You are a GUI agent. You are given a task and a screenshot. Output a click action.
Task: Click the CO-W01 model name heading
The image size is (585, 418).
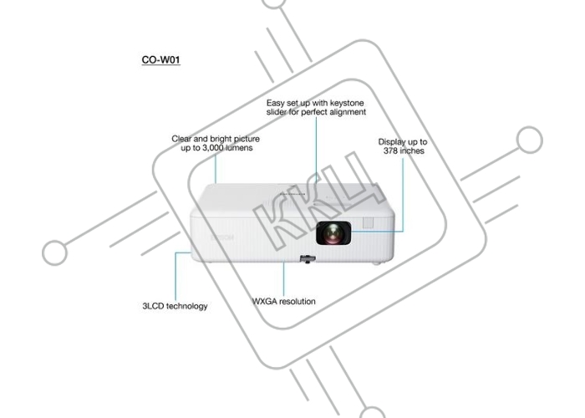(160, 59)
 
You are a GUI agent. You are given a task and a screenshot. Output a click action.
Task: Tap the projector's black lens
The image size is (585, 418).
(333, 233)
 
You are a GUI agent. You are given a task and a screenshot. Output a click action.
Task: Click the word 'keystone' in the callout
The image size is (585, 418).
(347, 104)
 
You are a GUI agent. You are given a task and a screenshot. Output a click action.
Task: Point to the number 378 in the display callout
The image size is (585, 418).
(391, 150)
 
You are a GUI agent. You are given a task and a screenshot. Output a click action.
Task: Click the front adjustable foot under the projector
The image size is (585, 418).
(308, 258)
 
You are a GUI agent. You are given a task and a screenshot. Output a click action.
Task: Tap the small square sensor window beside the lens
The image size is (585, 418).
(368, 223)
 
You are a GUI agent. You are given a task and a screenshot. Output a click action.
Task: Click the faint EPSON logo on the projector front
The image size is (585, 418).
(222, 237)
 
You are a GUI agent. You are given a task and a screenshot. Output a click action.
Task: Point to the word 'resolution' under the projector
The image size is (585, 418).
(298, 301)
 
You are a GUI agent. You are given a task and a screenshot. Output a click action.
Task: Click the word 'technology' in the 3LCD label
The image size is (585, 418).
(186, 307)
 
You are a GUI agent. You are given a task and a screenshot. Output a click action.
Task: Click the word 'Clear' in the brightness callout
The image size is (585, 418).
(181, 139)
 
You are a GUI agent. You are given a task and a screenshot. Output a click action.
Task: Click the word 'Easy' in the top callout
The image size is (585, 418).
(275, 104)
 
